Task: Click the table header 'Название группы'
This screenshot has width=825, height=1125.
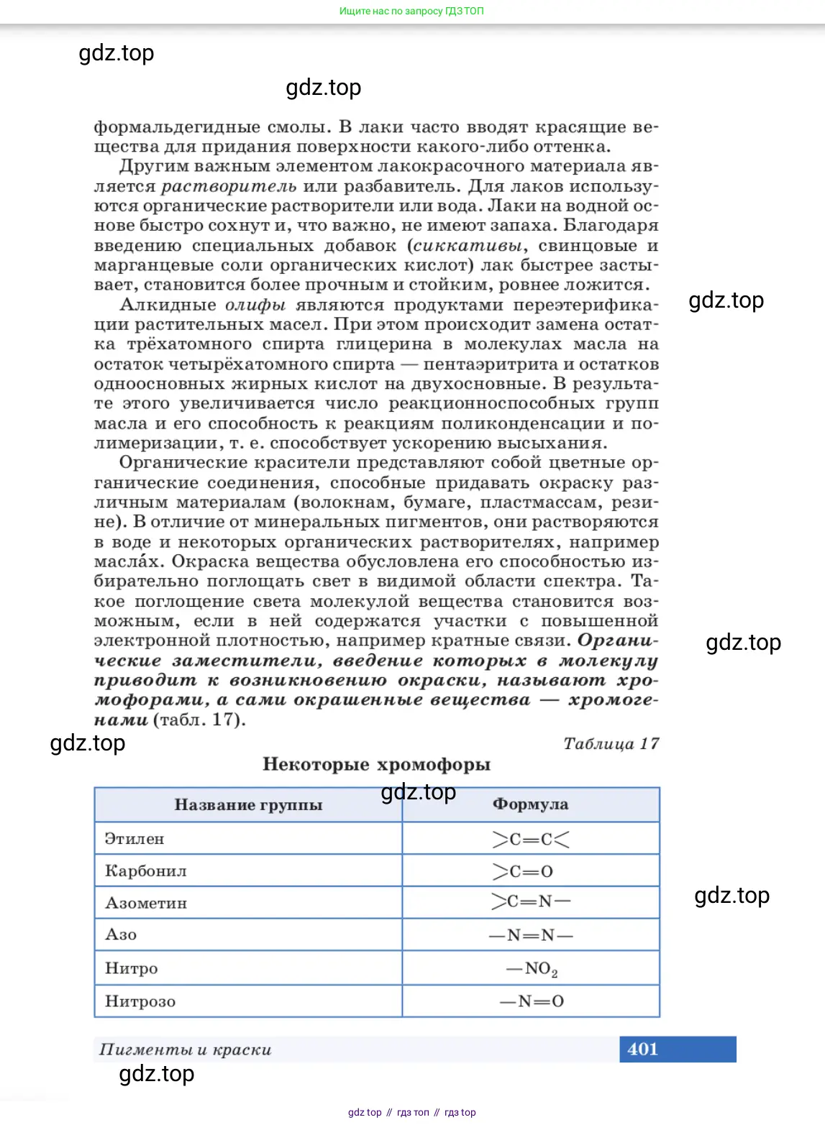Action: click(x=248, y=805)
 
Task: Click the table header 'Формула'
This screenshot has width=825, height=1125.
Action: click(x=530, y=804)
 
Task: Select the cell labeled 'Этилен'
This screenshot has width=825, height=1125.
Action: click(x=135, y=839)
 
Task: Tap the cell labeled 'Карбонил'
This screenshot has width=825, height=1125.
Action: click(x=146, y=871)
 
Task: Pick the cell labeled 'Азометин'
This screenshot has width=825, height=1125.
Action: click(x=146, y=903)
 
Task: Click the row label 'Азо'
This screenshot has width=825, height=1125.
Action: click(x=121, y=935)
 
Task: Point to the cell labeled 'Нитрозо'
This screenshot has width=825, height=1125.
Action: click(x=140, y=1001)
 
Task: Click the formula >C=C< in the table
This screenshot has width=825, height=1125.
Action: click(x=531, y=839)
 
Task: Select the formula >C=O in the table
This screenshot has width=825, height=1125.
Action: click(x=523, y=871)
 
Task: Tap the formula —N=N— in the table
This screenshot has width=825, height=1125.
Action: click(x=531, y=935)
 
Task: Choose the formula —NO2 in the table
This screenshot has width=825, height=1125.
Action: click(x=532, y=969)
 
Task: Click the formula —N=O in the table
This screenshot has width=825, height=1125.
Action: click(x=532, y=1001)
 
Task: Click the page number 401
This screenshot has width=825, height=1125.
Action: click(x=642, y=1049)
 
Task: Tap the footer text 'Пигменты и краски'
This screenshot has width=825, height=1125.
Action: click(x=186, y=1050)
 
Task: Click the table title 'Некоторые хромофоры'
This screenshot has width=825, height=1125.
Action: click(x=376, y=764)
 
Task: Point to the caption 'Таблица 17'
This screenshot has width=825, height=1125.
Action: click(x=611, y=744)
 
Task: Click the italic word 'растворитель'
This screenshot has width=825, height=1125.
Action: click(x=229, y=186)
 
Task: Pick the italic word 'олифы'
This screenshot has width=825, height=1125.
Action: click(x=255, y=305)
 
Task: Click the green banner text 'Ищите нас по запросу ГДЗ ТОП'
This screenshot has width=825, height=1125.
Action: click(x=411, y=11)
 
